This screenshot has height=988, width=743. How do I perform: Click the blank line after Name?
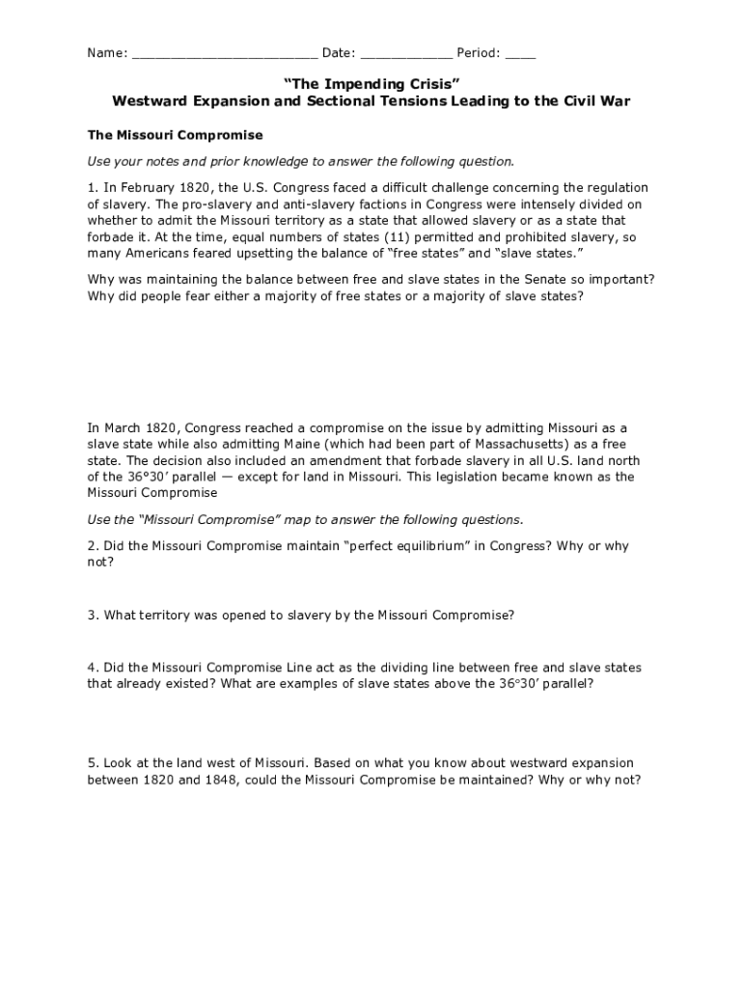point(224,53)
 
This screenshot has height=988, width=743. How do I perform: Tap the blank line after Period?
point(520,53)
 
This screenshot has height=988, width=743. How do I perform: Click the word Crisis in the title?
point(422,84)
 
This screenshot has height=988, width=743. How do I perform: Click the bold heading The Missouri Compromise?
point(175,135)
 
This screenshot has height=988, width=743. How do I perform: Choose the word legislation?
point(484,477)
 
